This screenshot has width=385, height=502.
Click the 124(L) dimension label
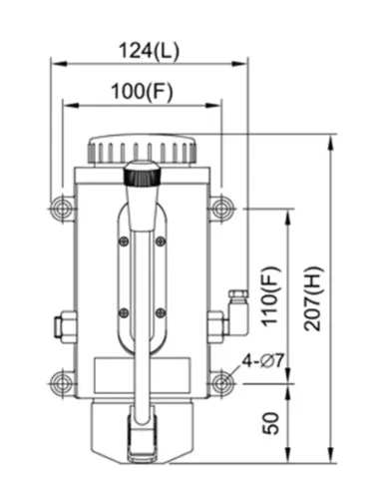pos(149,51)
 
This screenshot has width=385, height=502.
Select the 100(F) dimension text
pos(142,92)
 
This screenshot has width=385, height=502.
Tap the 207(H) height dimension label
pos(313,298)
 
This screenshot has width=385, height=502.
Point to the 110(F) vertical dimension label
pos(269,295)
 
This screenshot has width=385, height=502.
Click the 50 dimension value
pos(270,423)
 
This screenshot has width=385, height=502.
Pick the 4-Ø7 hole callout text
pos(263,360)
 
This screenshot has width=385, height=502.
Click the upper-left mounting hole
pos(62,209)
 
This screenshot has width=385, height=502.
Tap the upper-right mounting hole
pos(219,209)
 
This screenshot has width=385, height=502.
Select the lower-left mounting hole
pos(62,383)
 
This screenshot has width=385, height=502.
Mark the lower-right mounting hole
pos(219,383)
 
